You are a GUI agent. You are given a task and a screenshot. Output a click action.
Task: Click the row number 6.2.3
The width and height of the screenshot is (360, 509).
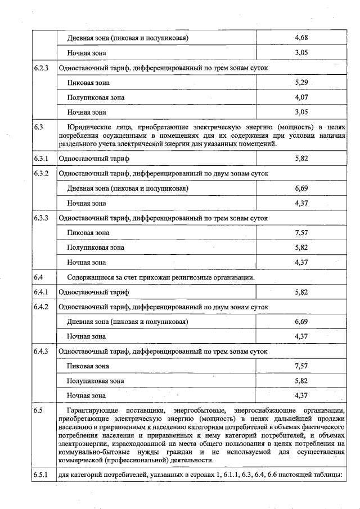[x=41, y=68]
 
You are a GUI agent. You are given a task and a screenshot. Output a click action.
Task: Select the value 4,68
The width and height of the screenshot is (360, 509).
[x=301, y=38]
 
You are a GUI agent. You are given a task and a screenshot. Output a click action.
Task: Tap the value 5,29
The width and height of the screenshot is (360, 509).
[x=301, y=83]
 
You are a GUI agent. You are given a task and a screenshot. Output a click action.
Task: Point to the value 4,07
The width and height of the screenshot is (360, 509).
[x=301, y=97]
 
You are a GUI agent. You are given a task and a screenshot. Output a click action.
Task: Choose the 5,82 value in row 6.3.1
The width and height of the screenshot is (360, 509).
[x=301, y=159]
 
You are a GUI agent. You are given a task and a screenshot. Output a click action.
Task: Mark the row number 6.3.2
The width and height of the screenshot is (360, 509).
[x=41, y=173]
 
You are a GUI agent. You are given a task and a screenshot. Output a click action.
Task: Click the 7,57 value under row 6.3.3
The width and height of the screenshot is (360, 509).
[x=301, y=232]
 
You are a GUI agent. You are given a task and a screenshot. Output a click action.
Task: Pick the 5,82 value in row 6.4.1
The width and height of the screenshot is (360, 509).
[x=301, y=292]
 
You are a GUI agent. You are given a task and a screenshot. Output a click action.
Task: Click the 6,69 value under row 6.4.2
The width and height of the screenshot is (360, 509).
[x=301, y=322]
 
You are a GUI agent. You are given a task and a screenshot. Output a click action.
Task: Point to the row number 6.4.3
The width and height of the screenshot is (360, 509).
[x=41, y=352]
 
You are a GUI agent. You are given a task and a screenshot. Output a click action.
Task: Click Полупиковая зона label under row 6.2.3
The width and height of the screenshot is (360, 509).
[x=96, y=97]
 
